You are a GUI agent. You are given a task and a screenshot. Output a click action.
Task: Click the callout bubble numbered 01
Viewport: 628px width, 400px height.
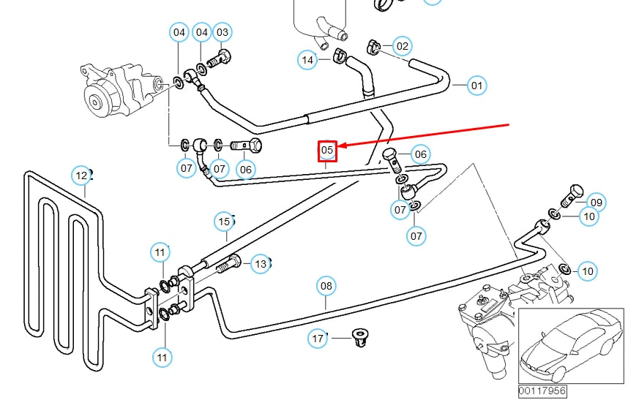(477, 86)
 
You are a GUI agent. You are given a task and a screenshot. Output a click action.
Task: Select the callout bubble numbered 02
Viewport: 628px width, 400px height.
(402, 47)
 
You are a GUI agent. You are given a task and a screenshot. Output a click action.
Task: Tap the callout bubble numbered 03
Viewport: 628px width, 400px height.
(223, 32)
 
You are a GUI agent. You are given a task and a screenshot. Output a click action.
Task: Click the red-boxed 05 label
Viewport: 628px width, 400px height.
(326, 151)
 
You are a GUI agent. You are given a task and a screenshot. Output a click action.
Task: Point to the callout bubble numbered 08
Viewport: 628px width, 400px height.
(326, 285)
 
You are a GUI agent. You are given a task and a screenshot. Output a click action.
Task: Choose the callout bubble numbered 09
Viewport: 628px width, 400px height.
(596, 203)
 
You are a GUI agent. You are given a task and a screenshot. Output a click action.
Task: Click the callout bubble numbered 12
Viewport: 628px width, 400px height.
(81, 176)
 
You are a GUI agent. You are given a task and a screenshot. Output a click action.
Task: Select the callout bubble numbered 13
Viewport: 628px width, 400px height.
(261, 263)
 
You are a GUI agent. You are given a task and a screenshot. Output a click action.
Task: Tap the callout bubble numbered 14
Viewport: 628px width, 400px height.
(307, 59)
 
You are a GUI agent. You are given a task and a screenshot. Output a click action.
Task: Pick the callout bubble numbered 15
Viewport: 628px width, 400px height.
(224, 221)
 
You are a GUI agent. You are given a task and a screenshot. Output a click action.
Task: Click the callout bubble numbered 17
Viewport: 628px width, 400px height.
(318, 339)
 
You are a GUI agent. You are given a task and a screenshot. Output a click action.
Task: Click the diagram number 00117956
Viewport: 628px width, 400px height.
(542, 391)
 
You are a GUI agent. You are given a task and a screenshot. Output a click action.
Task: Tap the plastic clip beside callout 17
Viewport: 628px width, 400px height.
(358, 337)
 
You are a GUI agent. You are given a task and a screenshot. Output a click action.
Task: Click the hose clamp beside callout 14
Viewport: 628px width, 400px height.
(339, 55)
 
